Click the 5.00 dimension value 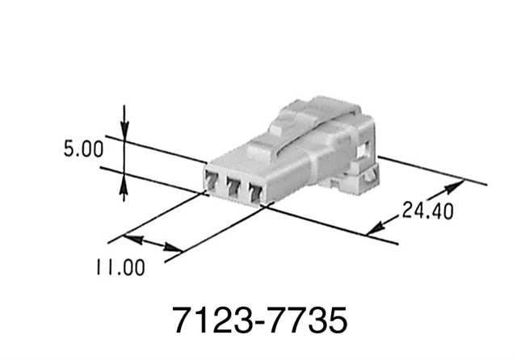(x=82, y=149)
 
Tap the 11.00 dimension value (x=119, y=267)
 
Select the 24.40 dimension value (x=427, y=211)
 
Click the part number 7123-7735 (x=259, y=320)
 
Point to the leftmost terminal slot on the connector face (x=212, y=182)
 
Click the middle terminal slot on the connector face (x=234, y=187)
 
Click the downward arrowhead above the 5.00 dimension (x=124, y=129)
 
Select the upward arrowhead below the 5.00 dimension (x=124, y=188)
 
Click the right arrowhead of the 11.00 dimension (x=174, y=250)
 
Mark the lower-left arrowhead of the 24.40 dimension (x=374, y=230)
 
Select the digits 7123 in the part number (x=208, y=320)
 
